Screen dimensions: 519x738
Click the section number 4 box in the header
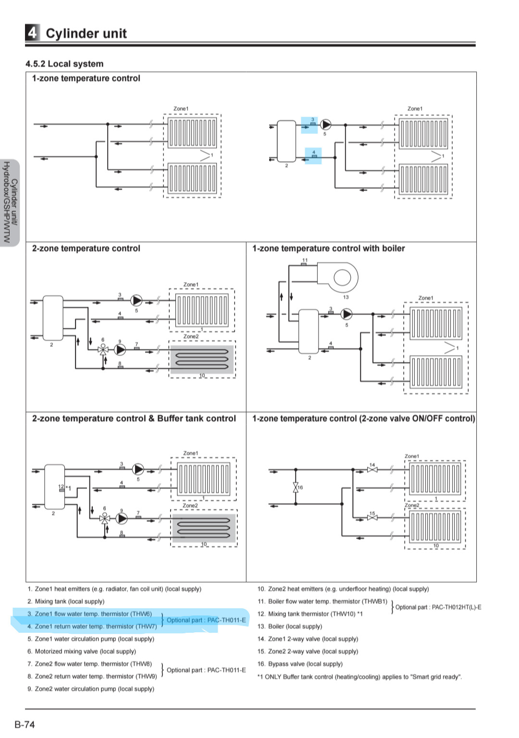[32, 33]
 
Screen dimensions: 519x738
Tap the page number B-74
[25, 724]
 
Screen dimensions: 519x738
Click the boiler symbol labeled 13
[337, 277]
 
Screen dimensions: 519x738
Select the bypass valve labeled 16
[296, 487]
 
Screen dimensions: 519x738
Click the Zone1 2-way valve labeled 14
[372, 469]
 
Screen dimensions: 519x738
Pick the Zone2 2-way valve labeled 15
[372, 518]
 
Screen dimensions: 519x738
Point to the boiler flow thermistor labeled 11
[304, 264]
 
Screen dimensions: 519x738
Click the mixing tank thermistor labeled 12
[62, 490]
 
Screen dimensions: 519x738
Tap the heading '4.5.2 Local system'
[64, 63]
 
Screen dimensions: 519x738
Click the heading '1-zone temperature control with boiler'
[329, 248]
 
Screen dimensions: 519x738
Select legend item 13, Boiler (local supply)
[290, 627]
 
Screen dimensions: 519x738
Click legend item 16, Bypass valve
[300, 664]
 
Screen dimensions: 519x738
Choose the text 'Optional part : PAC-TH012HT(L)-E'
[438, 607]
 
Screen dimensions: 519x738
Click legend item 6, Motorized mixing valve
[82, 652]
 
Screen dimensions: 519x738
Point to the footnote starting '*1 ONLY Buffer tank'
[359, 676]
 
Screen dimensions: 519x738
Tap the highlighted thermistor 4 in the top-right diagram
[314, 156]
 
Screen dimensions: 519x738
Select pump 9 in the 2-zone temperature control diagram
[120, 350]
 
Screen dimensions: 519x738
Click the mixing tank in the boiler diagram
[309, 332]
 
